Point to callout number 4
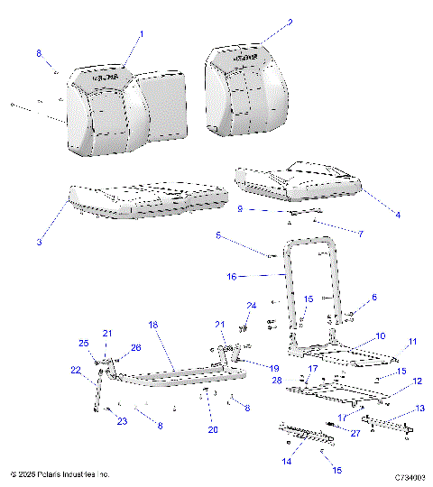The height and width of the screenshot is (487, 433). [396, 213]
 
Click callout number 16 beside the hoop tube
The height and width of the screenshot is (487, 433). [231, 277]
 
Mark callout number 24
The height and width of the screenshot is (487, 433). [252, 305]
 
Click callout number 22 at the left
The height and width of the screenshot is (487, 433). [76, 370]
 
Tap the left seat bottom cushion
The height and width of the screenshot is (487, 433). [144, 200]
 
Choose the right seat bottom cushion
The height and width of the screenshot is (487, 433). [298, 180]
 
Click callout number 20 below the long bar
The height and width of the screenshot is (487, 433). [213, 429]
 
